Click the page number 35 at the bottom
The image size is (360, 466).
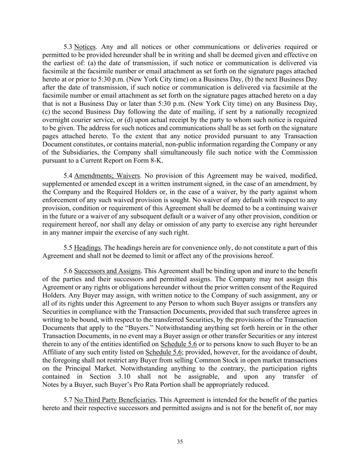pyautogui.click(x=180, y=442)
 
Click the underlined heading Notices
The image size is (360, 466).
pyautogui.click(x=85, y=47)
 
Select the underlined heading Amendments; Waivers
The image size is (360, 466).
pyautogui.click(x=107, y=176)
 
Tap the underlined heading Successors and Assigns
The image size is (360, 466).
pyautogui.click(x=107, y=271)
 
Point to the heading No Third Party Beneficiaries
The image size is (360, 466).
pyautogui.click(x=115, y=400)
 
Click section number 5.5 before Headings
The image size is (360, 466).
pyautogui.click(x=68, y=248)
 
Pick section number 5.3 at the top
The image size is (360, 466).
pyautogui.click(x=68, y=47)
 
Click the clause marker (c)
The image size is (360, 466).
pyautogui.click(x=46, y=112)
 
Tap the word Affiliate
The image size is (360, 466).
pyautogui.click(x=55, y=352)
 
